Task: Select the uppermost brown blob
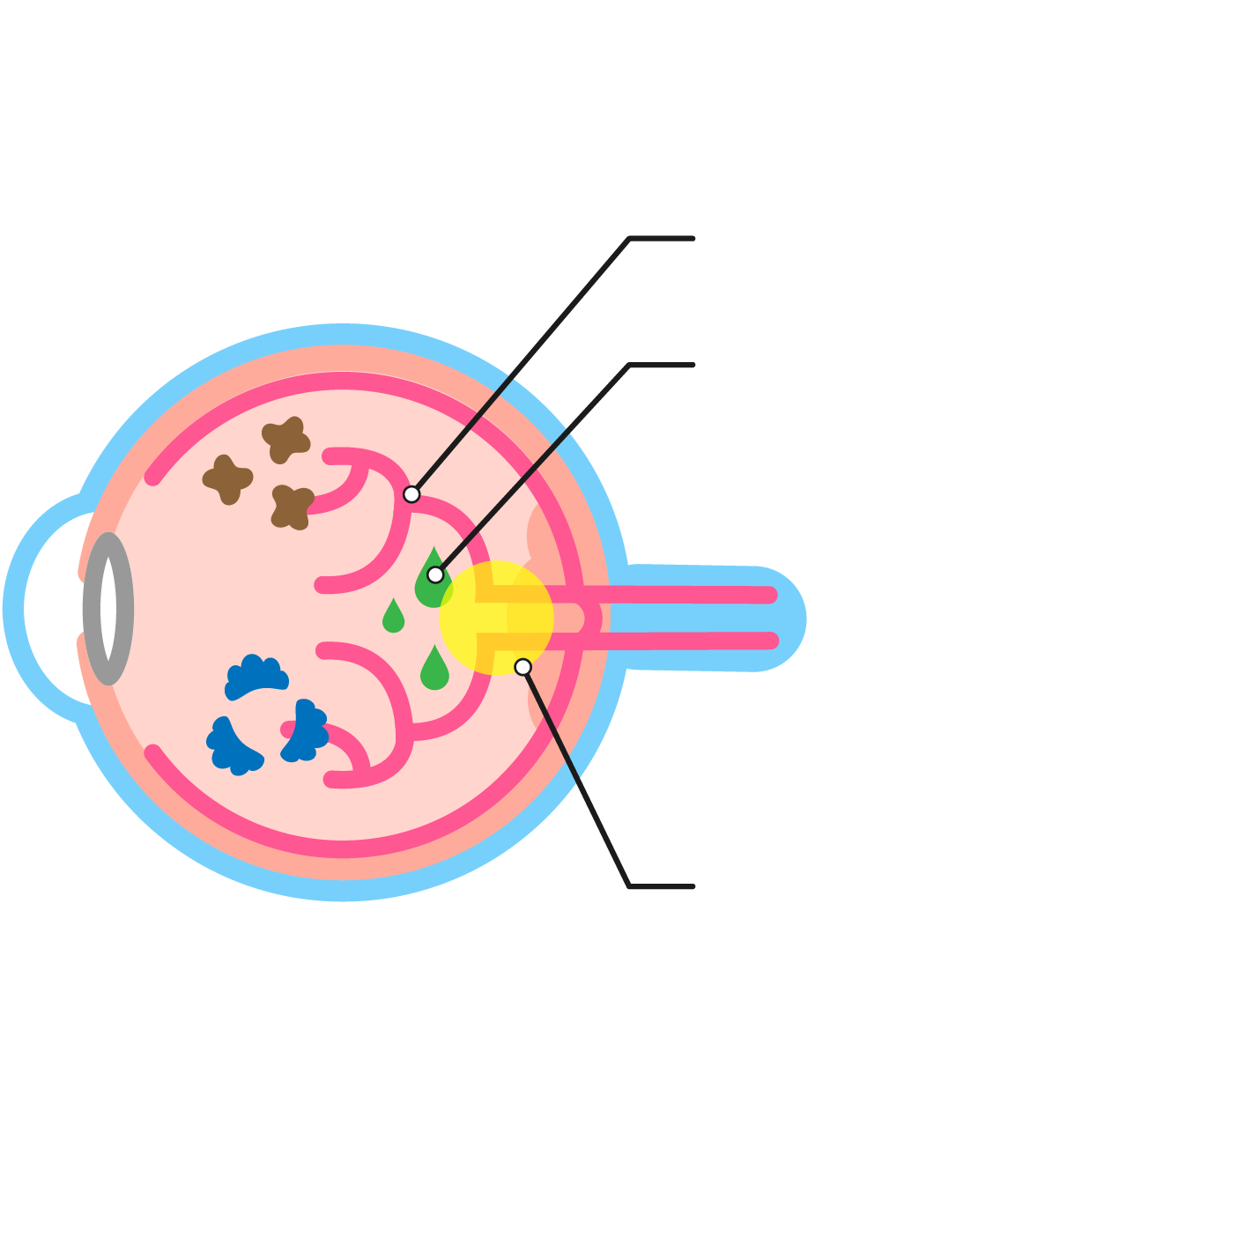[285, 440]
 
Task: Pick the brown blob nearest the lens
[227, 479]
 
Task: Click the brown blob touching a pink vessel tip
[291, 507]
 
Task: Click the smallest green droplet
[393, 617]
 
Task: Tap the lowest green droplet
[434, 670]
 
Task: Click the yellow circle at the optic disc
[496, 618]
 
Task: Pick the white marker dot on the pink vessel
[411, 494]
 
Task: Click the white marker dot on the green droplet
[435, 575]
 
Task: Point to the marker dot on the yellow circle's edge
[523, 667]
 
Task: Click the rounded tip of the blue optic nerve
[793, 619]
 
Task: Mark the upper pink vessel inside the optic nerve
[687, 596]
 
